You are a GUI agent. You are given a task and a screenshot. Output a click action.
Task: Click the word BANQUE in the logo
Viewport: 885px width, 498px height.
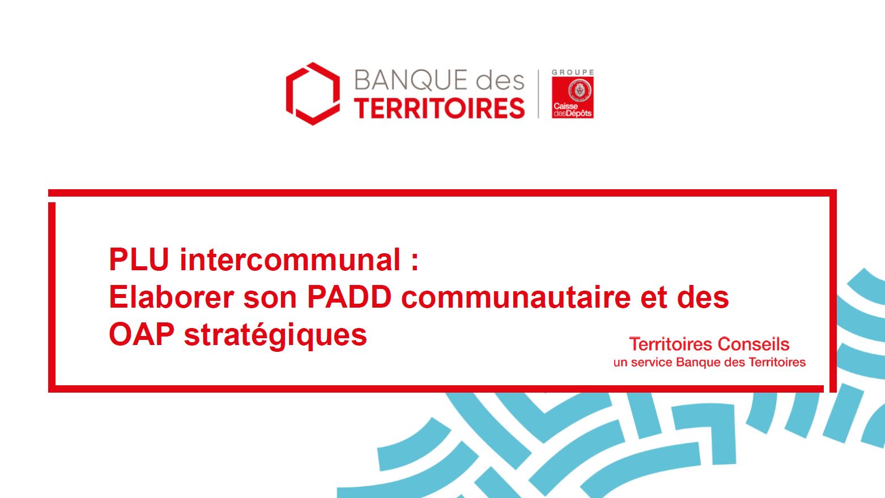click(411, 80)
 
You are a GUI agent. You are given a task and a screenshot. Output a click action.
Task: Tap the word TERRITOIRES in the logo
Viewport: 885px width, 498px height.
click(439, 108)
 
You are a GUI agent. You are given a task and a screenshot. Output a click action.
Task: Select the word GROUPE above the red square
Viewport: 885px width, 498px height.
click(573, 73)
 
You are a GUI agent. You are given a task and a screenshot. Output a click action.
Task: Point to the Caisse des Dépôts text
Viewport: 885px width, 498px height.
click(572, 110)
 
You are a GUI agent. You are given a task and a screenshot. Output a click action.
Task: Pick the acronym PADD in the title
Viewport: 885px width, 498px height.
click(349, 297)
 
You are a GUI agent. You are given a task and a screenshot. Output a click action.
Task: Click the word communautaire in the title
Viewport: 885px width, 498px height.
click(516, 297)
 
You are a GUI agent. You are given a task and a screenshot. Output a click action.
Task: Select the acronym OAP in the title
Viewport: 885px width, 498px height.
click(142, 334)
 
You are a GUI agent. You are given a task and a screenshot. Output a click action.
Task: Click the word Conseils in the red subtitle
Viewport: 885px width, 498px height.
click(754, 344)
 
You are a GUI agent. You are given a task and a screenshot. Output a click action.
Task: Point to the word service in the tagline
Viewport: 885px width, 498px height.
click(653, 362)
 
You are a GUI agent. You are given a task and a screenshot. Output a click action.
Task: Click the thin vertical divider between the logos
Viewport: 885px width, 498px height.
click(538, 94)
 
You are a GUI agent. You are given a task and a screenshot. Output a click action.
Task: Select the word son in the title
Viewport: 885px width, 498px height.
click(270, 299)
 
